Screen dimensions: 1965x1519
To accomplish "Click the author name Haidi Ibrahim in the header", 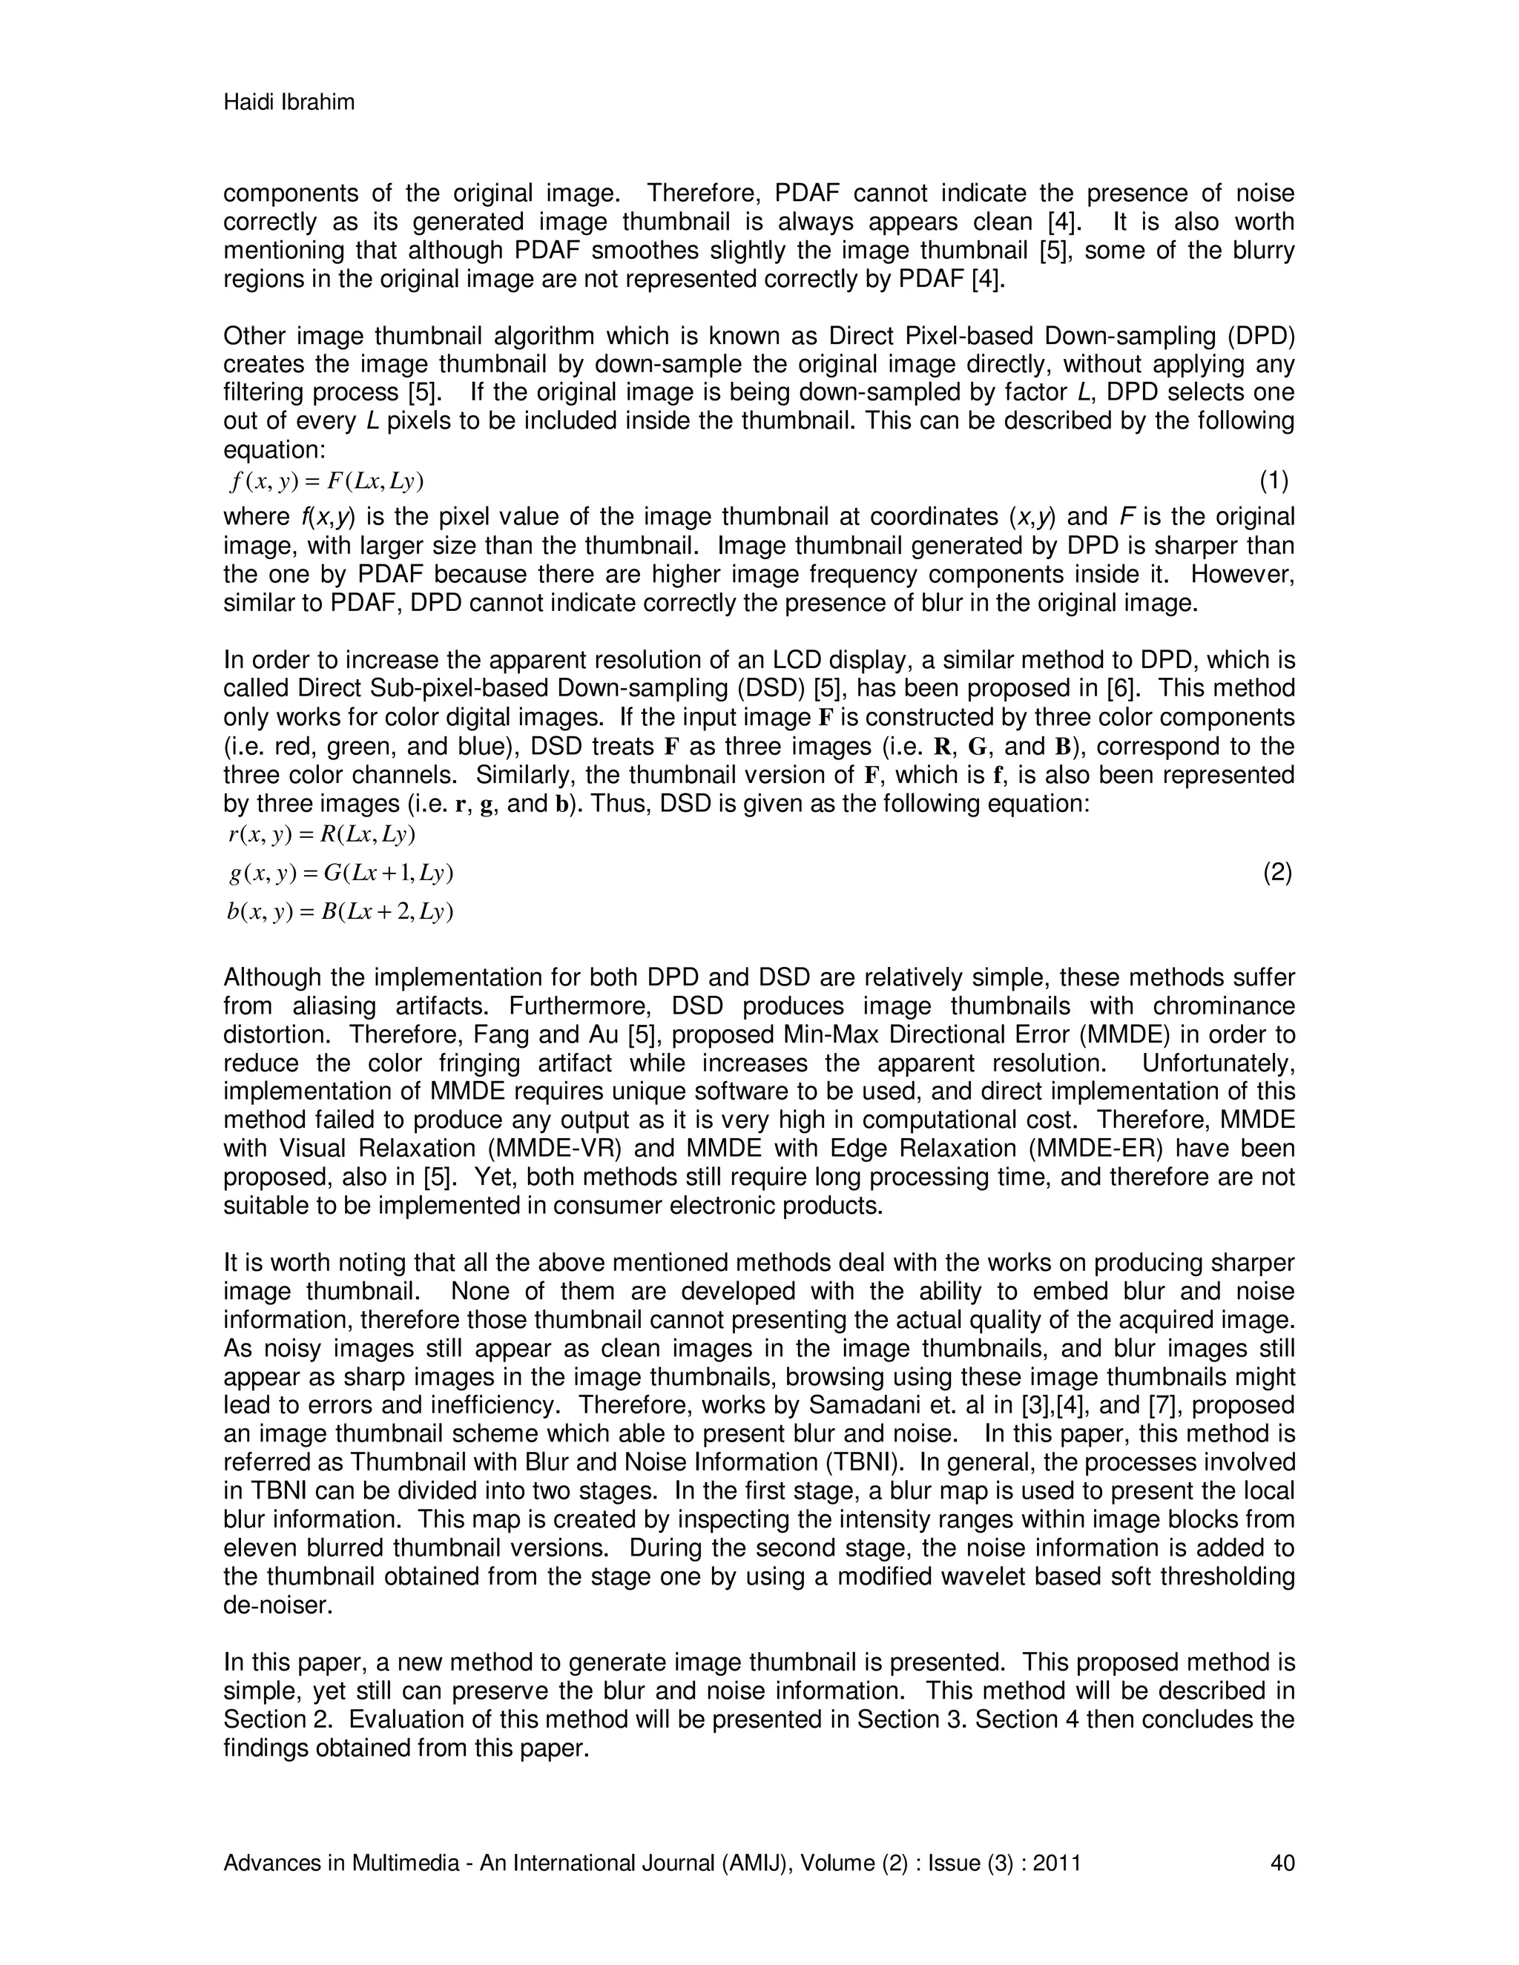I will click(289, 102).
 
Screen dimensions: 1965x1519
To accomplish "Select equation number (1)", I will click(1273, 481).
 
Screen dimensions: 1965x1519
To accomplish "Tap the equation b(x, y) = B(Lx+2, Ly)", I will click(340, 911).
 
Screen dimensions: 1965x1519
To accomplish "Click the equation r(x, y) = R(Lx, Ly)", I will click(322, 834).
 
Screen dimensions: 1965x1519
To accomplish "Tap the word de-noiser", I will click(278, 1605).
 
